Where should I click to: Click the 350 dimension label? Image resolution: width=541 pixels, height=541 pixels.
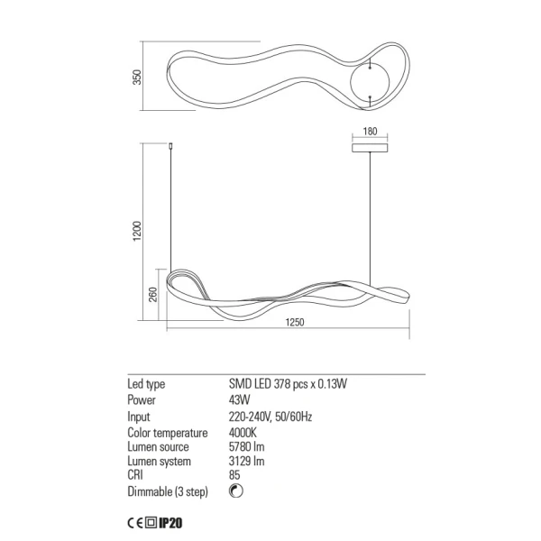[137, 78]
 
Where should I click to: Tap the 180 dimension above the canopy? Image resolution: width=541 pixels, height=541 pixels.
[370, 131]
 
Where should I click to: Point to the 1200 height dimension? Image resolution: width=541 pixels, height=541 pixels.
[137, 231]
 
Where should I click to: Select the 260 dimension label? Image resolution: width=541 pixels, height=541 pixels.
[153, 294]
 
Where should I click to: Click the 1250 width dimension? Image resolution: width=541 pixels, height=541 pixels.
[295, 322]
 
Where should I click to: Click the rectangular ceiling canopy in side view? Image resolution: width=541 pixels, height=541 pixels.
[370, 148]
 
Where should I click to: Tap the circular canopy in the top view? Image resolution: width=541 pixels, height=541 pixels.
[370, 82]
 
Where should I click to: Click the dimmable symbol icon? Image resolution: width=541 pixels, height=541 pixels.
[236, 491]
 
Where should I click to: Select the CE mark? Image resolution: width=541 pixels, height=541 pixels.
[135, 523]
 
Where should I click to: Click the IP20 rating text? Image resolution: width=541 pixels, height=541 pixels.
[170, 523]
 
